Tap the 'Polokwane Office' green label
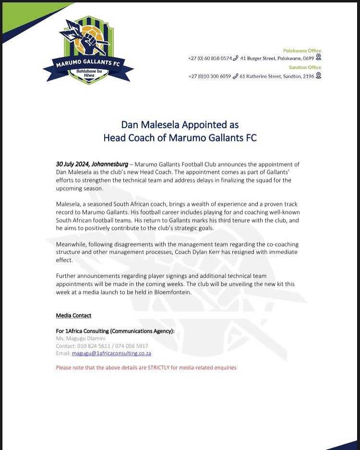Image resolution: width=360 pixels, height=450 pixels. pos(301,50)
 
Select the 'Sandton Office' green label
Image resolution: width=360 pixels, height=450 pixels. pos(305,67)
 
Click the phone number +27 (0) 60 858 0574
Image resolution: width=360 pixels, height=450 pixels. pos(210,58)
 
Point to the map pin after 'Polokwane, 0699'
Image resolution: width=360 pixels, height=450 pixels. pos(318,58)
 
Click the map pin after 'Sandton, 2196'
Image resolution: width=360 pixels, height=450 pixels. pos(318,75)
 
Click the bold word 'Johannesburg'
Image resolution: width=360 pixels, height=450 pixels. pos(110,164)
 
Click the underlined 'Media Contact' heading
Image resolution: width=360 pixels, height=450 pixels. pos(73,316)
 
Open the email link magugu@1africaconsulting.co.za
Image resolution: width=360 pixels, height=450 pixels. pos(111,353)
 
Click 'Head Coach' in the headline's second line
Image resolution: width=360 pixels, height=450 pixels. pos(130,138)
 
